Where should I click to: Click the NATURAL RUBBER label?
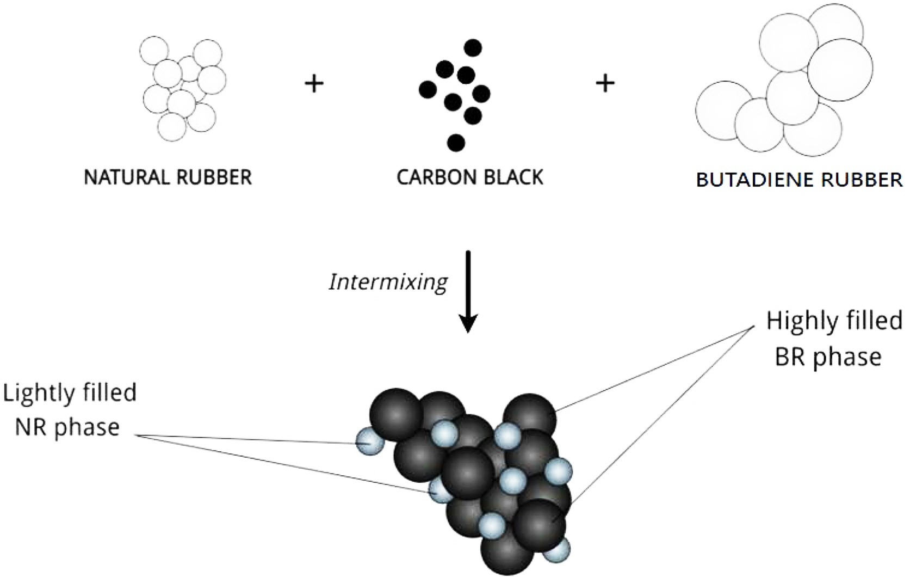coord(168,177)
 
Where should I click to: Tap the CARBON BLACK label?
coord(470,177)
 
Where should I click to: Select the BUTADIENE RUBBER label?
coord(799,180)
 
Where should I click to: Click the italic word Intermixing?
coord(388,282)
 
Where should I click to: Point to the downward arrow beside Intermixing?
coord(468,291)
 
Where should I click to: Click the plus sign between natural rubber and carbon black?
coord(314,83)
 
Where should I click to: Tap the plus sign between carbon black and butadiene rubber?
coord(605,83)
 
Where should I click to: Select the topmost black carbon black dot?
coord(473,48)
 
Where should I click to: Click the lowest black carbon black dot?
coord(456,143)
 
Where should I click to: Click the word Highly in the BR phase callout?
coord(798,321)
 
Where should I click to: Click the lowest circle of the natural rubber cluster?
coord(172,127)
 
